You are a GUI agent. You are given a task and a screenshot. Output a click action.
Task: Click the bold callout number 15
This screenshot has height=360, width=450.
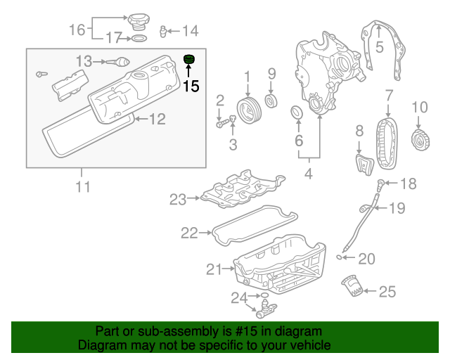coord(191,86)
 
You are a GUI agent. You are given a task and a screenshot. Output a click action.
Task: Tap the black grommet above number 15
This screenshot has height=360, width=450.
coord(189,59)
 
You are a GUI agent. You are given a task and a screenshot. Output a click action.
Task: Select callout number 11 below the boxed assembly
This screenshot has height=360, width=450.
coord(83,186)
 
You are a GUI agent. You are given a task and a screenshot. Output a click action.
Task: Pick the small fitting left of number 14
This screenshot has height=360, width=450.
coord(162,31)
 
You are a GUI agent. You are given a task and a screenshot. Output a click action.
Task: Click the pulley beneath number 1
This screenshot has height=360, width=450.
coord(247,110)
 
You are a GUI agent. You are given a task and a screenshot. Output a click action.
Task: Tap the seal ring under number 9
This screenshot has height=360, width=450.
coord(271,97)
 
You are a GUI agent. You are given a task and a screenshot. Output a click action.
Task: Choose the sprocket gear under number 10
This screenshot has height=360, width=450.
coord(419,139)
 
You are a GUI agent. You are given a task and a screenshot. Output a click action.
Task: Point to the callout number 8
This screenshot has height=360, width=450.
coord(359,130)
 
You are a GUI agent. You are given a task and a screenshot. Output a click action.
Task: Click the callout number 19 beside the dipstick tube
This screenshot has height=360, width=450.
coord(397,207)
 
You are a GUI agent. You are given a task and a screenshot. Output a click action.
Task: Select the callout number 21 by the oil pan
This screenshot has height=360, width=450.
coord(214,269)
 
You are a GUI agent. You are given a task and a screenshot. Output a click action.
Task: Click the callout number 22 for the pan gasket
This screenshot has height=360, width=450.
coord(189,233)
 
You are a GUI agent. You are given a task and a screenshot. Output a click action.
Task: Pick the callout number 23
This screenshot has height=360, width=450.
coord(177,200)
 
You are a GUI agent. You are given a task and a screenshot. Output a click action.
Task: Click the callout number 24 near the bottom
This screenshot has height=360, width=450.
coord(239,298)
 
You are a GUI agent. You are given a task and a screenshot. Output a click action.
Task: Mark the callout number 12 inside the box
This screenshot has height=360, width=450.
coord(156,120)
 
